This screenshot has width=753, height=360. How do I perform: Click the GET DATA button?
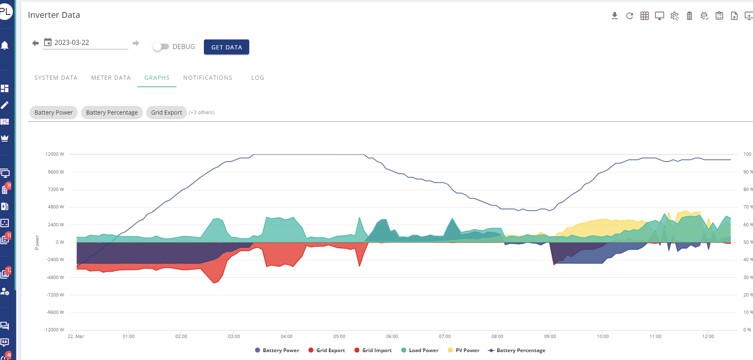click(x=226, y=47)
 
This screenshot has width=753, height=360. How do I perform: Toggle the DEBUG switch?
click(x=161, y=47)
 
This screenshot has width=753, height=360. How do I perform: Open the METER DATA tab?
click(x=111, y=78)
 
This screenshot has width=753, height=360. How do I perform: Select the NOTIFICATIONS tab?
click(x=208, y=78)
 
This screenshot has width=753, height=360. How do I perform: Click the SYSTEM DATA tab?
click(x=56, y=78)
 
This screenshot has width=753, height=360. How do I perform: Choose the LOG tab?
click(x=258, y=78)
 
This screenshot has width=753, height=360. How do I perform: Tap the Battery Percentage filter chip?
click(x=112, y=113)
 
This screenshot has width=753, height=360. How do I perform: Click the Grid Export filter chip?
click(x=167, y=113)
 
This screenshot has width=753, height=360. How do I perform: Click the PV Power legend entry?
click(x=464, y=350)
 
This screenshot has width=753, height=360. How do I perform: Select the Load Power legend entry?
click(x=420, y=350)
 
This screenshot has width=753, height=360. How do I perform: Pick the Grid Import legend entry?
click(x=373, y=350)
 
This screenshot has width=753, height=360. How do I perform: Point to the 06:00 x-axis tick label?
click(x=392, y=336)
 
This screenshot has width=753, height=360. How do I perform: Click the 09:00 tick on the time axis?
click(x=550, y=336)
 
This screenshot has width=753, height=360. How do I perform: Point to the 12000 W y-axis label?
click(x=55, y=154)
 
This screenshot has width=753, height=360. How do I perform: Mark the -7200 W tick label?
click(x=55, y=295)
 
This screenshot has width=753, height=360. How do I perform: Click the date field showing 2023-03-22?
click(x=86, y=42)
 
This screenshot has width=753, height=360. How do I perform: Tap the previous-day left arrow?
click(x=35, y=43)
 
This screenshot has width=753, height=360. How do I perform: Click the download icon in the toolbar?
click(x=615, y=16)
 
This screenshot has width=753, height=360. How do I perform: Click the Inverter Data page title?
click(x=54, y=15)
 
